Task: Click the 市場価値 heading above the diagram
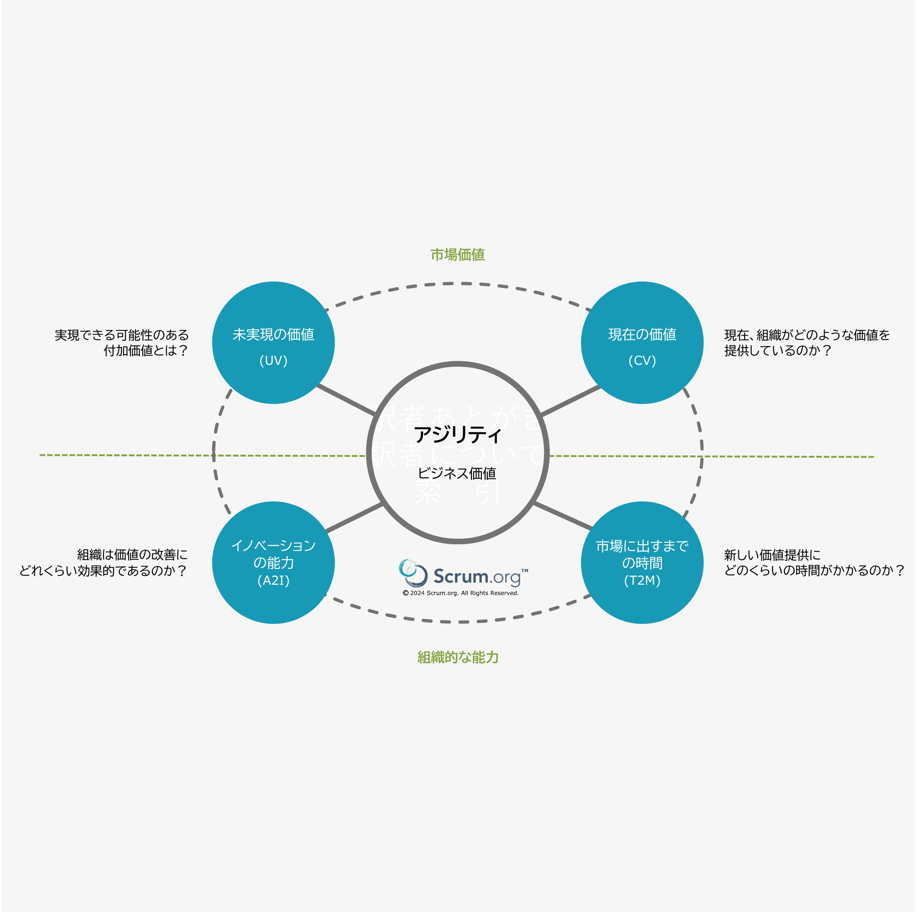click(458, 255)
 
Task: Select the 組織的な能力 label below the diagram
click(458, 657)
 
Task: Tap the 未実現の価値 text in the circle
click(273, 335)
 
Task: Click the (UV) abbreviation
click(273, 360)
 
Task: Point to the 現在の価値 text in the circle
click(642, 335)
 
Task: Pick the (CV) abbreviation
click(642, 360)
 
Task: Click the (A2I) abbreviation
click(273, 580)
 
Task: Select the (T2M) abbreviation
click(642, 580)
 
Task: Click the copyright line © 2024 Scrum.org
click(461, 593)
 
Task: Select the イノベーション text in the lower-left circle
click(273, 546)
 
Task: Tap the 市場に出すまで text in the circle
click(642, 546)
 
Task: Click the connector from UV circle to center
click(346, 400)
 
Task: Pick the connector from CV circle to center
click(570, 401)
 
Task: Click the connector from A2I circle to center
click(355, 518)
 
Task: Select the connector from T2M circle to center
click(563, 516)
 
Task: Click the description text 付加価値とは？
click(146, 350)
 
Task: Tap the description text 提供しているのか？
click(778, 350)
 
